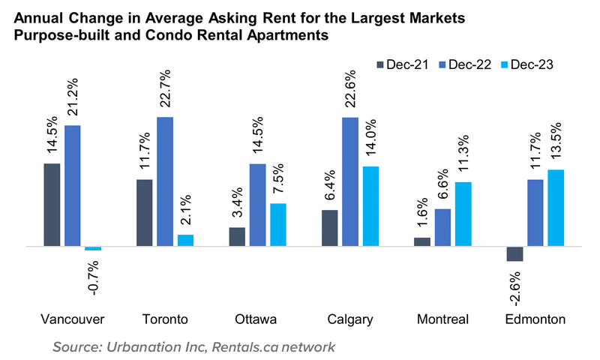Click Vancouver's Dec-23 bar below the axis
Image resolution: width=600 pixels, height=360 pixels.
pos(93,248)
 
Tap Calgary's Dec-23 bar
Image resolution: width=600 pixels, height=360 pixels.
pos(370,206)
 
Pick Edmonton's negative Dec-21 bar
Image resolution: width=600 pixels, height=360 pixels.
pos(514,253)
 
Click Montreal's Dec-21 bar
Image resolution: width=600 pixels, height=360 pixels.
pos(422,241)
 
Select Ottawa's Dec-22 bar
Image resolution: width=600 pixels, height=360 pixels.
pos(257,205)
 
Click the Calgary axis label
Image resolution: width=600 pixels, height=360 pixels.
pos(350,319)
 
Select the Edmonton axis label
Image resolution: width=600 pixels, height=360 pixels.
pos(535,319)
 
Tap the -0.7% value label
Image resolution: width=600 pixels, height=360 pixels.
pos(94,274)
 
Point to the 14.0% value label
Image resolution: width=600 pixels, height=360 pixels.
pos(371,138)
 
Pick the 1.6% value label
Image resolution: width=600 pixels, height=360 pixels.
pos(423,212)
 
